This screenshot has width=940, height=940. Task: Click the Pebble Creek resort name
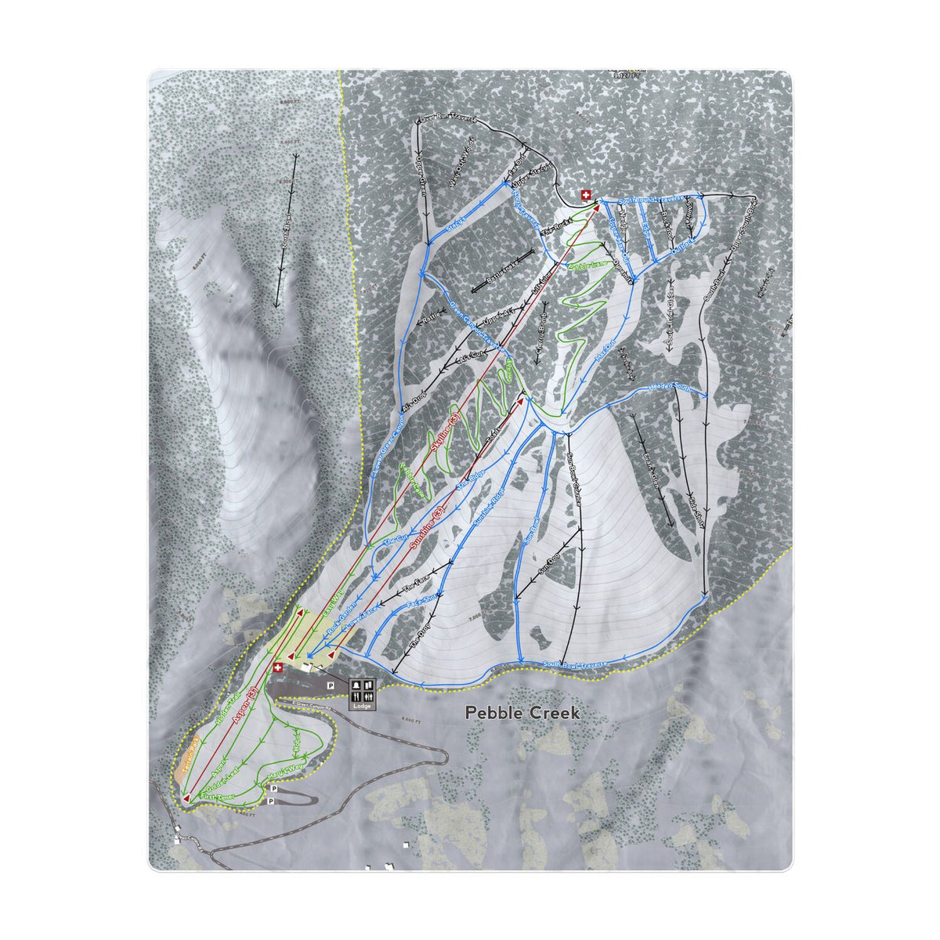[x=522, y=713]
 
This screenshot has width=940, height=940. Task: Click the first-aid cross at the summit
[x=585, y=195]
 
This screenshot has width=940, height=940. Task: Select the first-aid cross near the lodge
[x=278, y=668]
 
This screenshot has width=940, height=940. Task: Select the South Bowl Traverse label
[x=576, y=665]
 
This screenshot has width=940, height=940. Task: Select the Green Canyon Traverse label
[x=475, y=324]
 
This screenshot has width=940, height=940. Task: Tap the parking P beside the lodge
[x=331, y=685]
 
